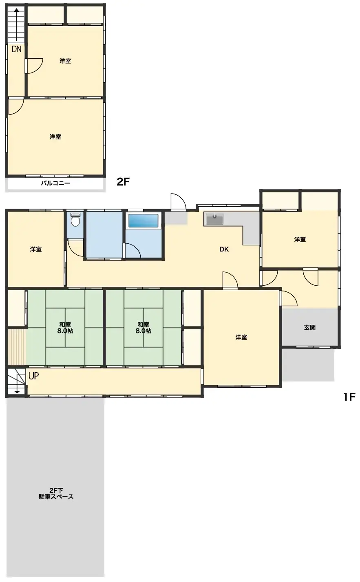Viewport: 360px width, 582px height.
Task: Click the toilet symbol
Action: [75, 220]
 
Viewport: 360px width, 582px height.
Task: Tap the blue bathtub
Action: [143, 220]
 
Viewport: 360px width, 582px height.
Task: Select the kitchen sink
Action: [214, 219]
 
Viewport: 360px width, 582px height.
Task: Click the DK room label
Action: [224, 249]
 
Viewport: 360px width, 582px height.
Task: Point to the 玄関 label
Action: [310, 327]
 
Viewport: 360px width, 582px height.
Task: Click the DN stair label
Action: [16, 50]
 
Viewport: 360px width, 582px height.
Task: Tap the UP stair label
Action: [33, 376]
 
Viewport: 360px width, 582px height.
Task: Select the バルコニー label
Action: [55, 183]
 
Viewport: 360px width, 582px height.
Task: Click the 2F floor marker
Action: [123, 182]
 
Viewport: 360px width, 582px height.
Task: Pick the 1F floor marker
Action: [349, 397]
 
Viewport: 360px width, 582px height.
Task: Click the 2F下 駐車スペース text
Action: [56, 494]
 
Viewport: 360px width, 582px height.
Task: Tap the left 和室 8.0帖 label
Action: [65, 328]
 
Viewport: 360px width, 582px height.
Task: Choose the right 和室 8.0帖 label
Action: [144, 328]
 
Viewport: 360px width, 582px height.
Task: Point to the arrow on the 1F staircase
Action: [17, 383]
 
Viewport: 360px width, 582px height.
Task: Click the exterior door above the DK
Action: [178, 203]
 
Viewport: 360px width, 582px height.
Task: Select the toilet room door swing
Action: [75, 248]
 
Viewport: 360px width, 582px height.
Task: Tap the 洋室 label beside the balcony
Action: [55, 137]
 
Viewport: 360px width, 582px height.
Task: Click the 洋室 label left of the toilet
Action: [36, 249]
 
